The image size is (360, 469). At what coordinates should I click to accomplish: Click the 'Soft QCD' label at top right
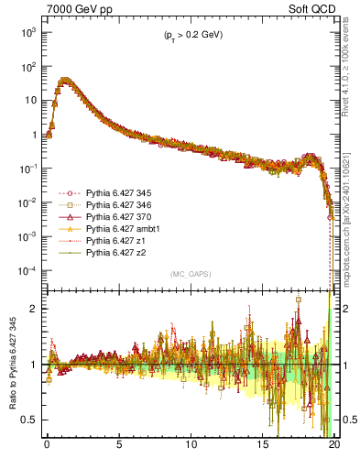[x=314, y=8]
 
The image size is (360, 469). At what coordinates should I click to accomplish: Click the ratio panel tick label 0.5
[x=27, y=420]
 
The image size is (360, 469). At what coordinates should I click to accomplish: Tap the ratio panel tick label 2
[x=32, y=309]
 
